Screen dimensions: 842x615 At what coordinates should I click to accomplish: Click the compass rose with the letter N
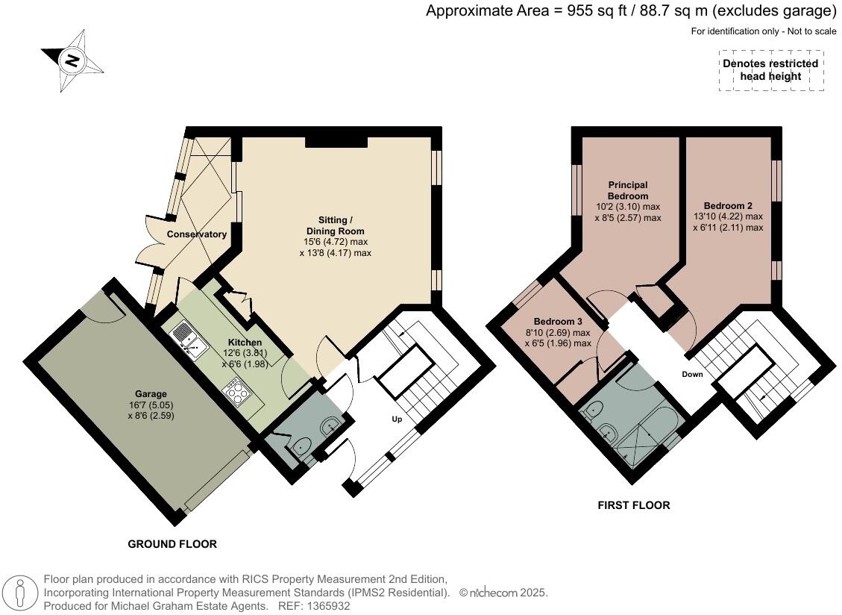(x=72, y=60)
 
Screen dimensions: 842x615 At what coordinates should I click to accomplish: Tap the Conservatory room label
(x=197, y=234)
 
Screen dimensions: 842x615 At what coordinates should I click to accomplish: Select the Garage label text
(x=151, y=394)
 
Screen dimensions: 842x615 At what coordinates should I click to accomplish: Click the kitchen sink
(x=188, y=343)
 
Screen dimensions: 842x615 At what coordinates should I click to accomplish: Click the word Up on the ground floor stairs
(x=397, y=419)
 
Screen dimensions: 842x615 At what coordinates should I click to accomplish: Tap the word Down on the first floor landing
(x=692, y=374)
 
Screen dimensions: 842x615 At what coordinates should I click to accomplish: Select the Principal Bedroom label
(x=628, y=190)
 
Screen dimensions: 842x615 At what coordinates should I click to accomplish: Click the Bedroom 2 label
(x=728, y=206)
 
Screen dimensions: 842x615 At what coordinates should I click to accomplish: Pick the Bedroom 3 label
(x=558, y=322)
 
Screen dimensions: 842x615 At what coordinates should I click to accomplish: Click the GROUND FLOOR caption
(x=172, y=544)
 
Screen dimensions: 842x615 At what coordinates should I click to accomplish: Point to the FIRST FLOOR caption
(x=634, y=505)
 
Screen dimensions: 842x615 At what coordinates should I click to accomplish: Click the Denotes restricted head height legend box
(x=771, y=70)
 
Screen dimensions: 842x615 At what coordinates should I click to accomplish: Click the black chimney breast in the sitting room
(x=336, y=141)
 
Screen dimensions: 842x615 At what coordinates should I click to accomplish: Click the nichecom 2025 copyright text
(x=503, y=593)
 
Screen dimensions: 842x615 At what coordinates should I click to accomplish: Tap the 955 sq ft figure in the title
(x=597, y=10)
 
